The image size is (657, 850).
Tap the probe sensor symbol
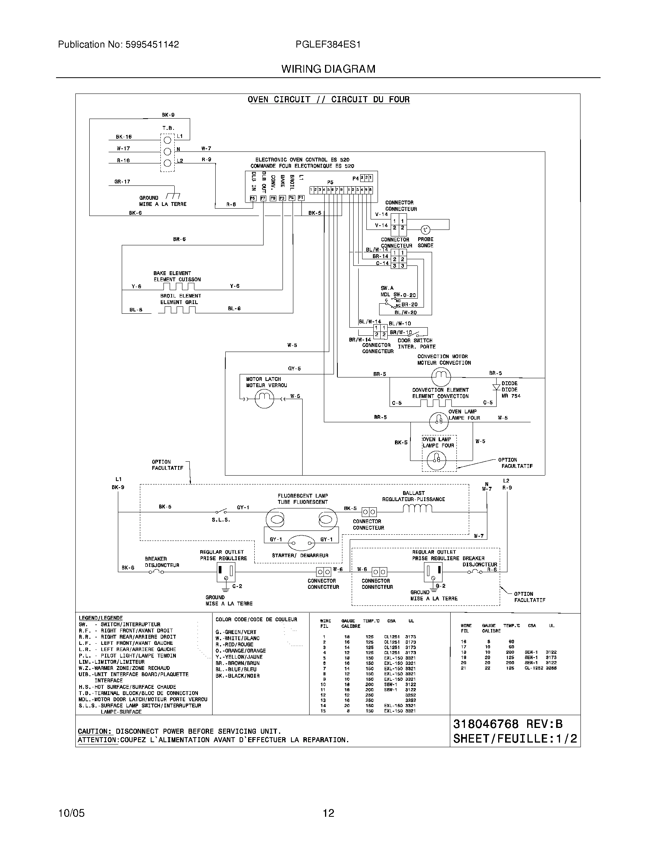pos(425,229)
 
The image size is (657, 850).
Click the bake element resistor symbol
pos(178,286)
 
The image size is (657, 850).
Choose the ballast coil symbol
pos(417,508)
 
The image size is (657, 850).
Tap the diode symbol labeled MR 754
pos(496,388)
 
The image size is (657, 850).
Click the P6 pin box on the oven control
pos(253,198)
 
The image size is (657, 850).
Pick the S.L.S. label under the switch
pos(221,520)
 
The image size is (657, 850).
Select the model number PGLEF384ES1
pos(328,44)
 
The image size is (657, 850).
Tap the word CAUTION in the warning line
pos(95,731)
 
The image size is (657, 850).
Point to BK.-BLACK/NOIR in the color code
pos(237,676)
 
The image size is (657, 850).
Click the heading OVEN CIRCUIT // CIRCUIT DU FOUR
pos(328,100)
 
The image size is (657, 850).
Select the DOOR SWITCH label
pos(415,340)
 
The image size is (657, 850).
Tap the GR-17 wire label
pos(122,182)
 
